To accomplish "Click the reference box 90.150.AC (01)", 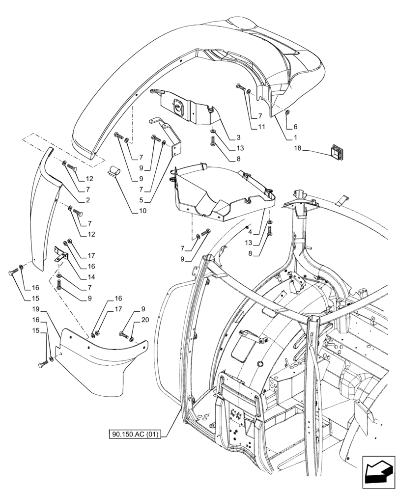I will [x=139, y=434].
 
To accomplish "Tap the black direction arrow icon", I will [x=378, y=473].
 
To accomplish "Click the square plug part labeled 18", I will [x=339, y=152].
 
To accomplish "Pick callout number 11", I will [x=262, y=127].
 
